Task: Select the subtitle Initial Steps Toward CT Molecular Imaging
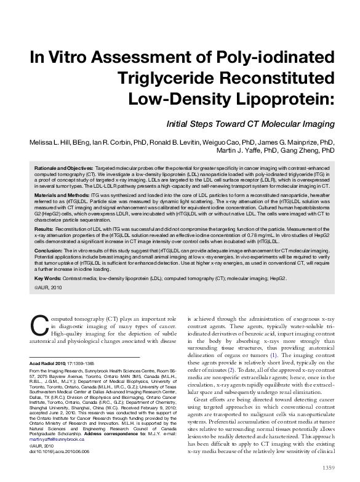[250, 124]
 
